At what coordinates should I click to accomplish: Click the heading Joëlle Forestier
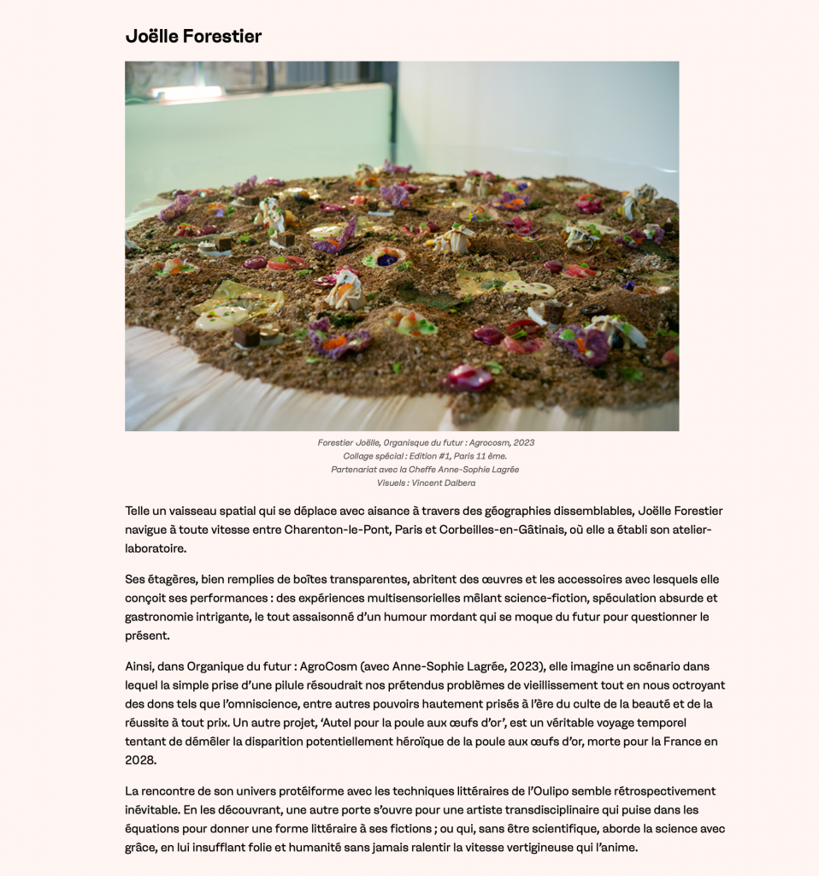click(x=193, y=36)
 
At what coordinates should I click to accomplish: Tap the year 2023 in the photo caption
click(x=523, y=442)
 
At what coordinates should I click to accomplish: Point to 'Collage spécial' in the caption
click(x=371, y=456)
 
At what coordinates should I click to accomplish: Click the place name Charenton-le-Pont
click(x=339, y=530)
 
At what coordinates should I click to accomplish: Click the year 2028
click(x=140, y=761)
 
